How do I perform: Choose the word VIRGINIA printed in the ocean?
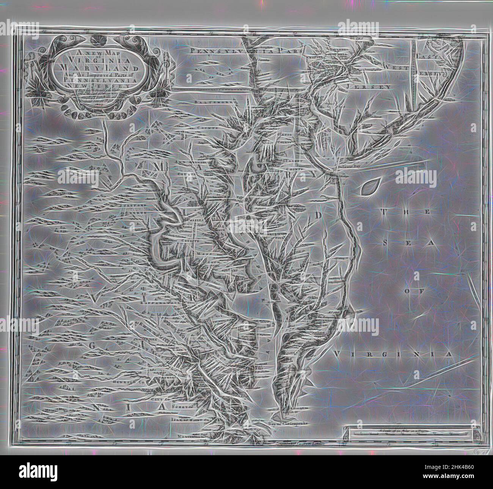point(393,354)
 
